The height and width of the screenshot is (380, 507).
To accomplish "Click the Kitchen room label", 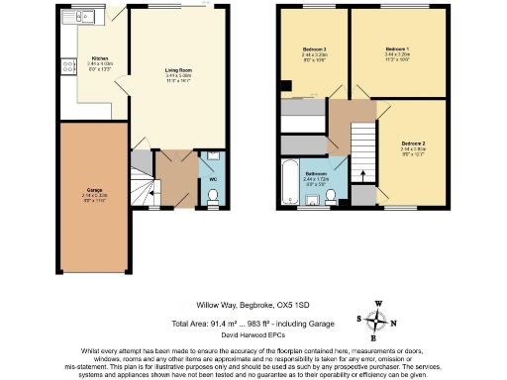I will coord(99,58).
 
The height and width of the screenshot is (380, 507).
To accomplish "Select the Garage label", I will coord(95,188).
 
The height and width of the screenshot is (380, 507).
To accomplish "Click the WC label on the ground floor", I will coord(214,179).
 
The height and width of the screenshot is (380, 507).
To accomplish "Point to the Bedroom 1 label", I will coord(395,48).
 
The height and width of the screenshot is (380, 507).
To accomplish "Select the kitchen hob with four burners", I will coord(69,67).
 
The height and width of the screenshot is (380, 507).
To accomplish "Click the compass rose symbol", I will coord(374,321).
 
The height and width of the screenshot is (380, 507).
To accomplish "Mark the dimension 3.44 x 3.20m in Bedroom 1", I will coord(395,55).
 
